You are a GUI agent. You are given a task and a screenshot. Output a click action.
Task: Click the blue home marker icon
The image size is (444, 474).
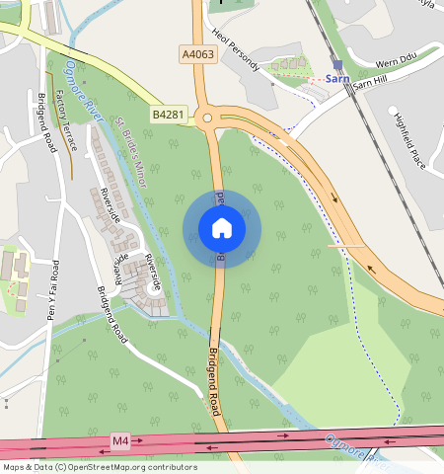pos(222,228)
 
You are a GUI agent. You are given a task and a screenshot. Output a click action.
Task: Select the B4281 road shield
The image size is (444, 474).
pos(167,116)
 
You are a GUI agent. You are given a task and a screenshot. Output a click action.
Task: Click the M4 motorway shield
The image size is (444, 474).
pos(120,439)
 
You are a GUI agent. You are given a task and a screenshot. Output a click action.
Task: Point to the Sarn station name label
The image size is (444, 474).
pos(337,78)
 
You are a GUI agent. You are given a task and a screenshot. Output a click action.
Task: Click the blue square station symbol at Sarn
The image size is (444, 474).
pos(337,64)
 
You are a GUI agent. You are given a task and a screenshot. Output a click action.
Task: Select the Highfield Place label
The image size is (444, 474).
pos(409,143)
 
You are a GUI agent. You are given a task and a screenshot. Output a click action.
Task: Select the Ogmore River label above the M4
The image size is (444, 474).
pos(353,447)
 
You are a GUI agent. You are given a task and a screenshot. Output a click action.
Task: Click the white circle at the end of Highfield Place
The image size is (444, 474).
pos(393,110)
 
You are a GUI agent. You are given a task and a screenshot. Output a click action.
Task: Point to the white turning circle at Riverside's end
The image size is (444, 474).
pos(153,288)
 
